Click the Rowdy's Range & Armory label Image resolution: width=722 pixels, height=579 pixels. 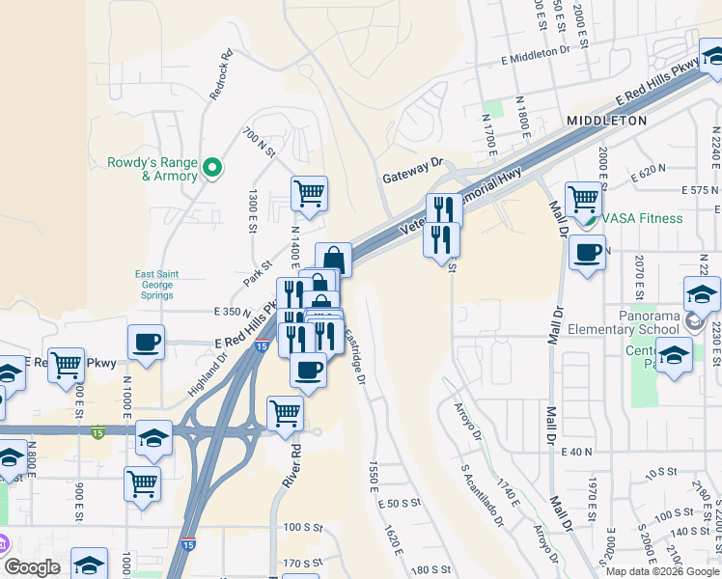152,169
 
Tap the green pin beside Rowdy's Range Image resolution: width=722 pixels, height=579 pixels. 214,169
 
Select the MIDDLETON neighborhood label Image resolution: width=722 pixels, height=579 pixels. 606,121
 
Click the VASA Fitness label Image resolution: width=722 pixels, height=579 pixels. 642,218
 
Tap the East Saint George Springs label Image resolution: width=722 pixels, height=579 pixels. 153,285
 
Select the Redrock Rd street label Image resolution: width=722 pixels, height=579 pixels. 221,75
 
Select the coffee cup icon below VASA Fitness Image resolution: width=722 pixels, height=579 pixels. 587,254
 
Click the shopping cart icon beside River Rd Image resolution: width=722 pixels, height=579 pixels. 285,413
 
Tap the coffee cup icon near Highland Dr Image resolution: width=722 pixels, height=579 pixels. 147,342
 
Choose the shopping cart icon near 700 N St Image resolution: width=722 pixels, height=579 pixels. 309,193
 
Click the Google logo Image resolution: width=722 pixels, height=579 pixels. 33,568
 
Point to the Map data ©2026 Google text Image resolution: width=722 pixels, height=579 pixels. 661,571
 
